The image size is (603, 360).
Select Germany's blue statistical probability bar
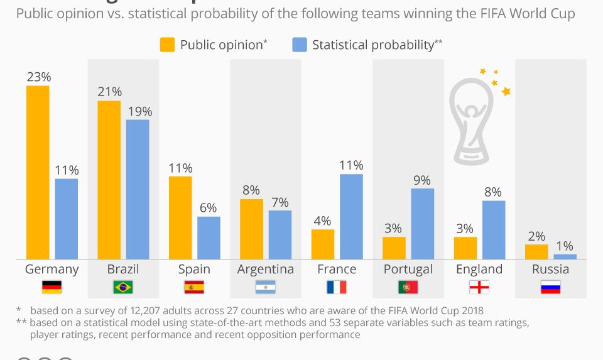(67, 218)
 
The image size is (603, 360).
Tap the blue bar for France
(351, 216)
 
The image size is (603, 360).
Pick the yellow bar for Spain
(180, 217)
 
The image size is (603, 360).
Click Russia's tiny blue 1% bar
(565, 256)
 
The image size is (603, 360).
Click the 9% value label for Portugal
(422, 180)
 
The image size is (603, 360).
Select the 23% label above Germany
(38, 77)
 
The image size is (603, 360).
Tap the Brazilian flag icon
(122, 288)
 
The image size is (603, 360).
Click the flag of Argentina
(265, 288)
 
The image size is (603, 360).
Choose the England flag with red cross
(479, 288)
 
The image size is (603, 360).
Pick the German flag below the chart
(52, 288)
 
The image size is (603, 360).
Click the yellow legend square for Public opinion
(167, 45)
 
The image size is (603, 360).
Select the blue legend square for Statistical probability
(300, 45)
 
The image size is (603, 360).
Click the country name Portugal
(408, 269)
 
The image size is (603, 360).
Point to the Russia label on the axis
(550, 269)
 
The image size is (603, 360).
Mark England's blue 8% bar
(494, 229)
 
